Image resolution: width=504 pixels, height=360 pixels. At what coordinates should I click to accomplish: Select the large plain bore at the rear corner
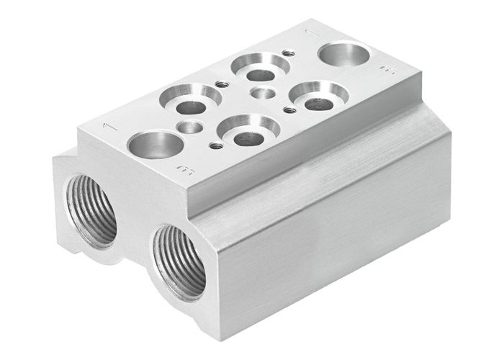pos(343,54)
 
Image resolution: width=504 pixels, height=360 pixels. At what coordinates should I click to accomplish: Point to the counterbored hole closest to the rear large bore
pos(319,96)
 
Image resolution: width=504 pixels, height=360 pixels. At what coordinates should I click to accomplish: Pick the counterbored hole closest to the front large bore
pos(191,100)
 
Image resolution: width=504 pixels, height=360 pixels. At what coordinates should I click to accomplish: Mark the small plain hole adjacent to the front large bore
pos(190,127)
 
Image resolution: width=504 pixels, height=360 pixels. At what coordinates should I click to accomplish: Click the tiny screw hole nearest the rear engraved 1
pos(289,53)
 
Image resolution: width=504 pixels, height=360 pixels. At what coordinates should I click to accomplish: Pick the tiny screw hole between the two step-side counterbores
pos(289,110)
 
